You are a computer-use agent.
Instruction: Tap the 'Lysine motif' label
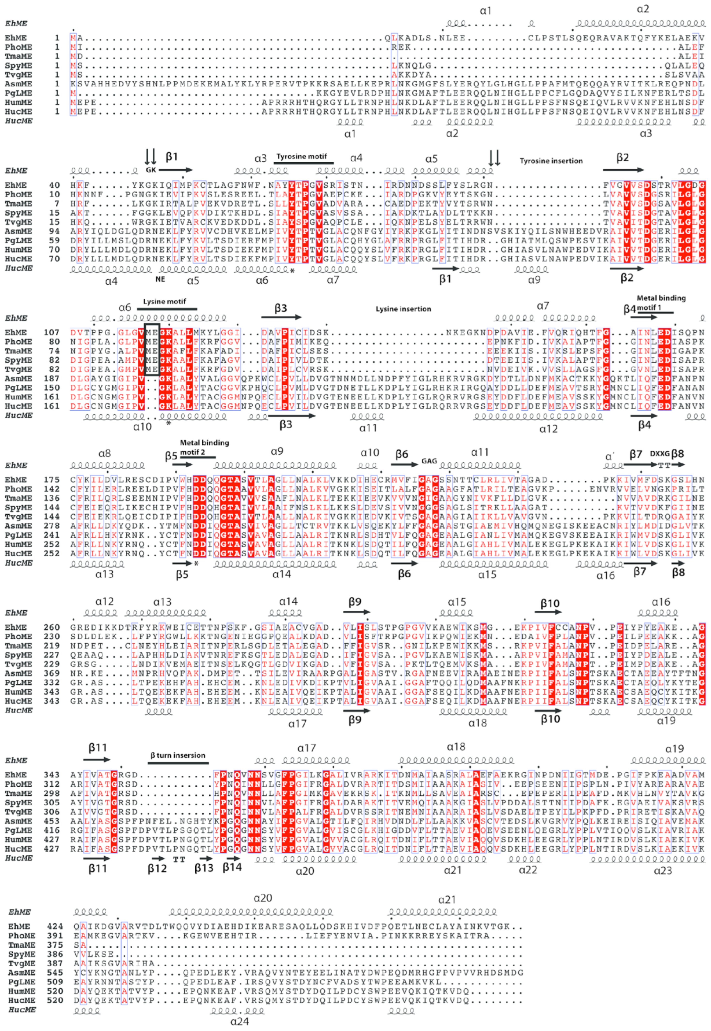tap(164, 302)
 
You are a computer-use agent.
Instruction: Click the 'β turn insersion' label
tap(178, 755)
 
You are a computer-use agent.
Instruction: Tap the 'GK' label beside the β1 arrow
tap(150, 170)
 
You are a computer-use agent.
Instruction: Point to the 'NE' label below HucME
tap(160, 279)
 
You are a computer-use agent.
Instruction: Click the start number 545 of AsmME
tap(55, 973)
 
